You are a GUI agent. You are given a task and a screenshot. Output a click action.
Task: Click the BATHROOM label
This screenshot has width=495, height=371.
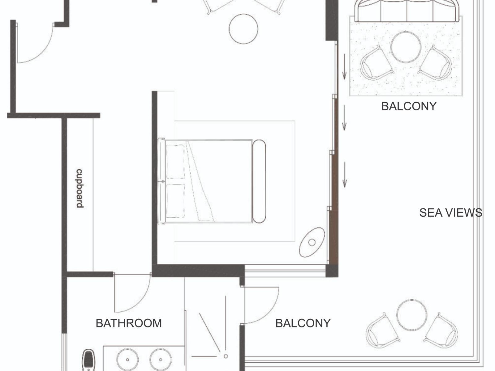click(129, 323)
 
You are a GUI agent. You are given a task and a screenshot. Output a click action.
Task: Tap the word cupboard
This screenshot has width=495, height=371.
click(80, 188)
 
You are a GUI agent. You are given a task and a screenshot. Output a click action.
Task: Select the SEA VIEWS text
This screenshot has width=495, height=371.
click(451, 213)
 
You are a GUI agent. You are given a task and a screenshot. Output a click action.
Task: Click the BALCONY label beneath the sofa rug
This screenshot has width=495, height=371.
click(409, 106)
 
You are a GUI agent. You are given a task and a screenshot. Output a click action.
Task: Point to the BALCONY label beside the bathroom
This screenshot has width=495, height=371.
click(303, 323)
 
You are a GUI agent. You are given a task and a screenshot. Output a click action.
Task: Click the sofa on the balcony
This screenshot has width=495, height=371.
click(407, 11)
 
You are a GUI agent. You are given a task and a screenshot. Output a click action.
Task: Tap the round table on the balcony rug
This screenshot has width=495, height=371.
click(406, 47)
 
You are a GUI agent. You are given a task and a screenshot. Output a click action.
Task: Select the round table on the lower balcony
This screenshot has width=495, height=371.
click(412, 315)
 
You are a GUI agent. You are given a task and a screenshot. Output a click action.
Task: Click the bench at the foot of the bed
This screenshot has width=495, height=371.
click(259, 181)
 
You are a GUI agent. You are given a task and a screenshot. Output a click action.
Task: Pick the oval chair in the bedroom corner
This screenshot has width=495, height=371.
click(312, 242)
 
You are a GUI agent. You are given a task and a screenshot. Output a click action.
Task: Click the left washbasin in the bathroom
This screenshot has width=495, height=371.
click(127, 360)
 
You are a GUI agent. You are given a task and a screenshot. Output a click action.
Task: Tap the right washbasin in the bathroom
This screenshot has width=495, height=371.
click(161, 360)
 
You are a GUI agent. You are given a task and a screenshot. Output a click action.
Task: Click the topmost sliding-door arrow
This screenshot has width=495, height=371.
click(344, 67)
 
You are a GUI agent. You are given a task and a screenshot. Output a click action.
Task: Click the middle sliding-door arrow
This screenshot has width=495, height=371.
click(344, 118)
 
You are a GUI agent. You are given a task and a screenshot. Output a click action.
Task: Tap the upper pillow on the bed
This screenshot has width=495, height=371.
click(175, 162)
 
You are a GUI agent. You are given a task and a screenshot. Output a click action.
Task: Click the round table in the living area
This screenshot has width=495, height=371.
click(243, 29)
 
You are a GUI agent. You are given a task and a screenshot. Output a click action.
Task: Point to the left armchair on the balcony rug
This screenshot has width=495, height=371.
click(376, 63)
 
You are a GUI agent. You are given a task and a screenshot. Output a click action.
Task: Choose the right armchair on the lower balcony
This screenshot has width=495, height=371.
click(441, 330)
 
